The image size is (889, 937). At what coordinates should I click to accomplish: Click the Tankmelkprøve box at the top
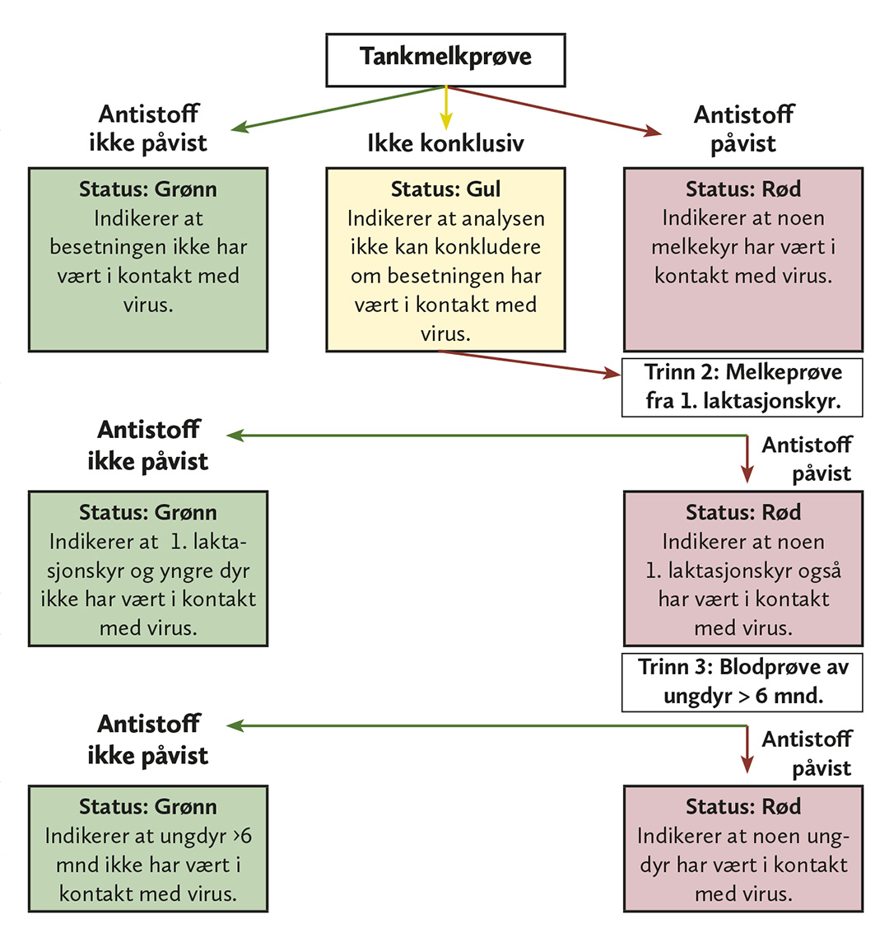[445, 59]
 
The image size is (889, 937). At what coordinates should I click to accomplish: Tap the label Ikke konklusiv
[445, 143]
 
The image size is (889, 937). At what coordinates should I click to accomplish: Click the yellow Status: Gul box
[445, 259]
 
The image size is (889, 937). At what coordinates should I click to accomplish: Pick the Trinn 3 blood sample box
[742, 682]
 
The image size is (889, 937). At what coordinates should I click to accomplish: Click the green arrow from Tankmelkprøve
[337, 108]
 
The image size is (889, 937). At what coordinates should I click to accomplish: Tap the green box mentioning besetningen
[148, 259]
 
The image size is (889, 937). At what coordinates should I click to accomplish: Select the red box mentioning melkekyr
[742, 259]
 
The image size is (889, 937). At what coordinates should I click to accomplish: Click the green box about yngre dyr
[148, 568]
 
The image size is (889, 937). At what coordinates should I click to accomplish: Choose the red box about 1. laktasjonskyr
[742, 568]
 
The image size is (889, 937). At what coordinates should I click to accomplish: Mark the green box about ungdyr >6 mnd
[148, 849]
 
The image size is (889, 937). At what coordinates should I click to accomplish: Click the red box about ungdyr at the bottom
[742, 849]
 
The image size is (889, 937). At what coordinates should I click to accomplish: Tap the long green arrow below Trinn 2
[486, 436]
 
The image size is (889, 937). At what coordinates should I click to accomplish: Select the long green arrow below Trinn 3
[486, 725]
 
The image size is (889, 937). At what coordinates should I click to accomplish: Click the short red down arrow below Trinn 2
[747, 459]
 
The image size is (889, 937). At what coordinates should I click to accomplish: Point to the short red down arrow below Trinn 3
[747, 751]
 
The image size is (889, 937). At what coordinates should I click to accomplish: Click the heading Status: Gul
[445, 189]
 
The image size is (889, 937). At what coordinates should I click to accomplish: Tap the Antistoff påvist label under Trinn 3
[807, 753]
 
